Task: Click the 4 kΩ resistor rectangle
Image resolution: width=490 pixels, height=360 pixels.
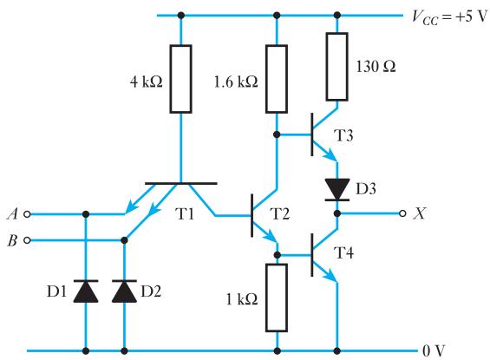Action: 180,79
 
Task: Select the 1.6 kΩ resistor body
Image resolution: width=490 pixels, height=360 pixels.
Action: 277,79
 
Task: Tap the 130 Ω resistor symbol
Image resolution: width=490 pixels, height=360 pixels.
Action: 336,67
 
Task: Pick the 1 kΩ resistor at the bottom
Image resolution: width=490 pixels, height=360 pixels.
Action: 277,298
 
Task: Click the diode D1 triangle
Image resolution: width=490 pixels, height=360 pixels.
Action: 86,291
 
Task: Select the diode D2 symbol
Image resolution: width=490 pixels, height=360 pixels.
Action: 124,291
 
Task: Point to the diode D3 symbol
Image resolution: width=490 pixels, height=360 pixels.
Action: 336,189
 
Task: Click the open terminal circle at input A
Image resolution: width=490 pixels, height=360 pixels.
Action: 27,214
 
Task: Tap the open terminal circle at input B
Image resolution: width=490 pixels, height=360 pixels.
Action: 27,240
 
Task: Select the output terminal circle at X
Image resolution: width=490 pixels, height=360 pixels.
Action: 402,213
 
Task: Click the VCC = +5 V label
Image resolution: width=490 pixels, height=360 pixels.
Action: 449,16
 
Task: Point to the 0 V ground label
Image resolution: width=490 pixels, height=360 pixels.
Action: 433,351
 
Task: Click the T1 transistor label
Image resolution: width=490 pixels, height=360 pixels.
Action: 185,214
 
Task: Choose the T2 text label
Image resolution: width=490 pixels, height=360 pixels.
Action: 279,214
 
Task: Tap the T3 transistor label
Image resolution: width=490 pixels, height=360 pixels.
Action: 343,135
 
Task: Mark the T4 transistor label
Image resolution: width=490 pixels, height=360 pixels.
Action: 343,252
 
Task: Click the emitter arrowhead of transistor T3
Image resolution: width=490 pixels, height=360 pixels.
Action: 331,155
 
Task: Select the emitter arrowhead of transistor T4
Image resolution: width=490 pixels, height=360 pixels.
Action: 331,276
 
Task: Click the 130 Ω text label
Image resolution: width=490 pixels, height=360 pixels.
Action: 376,67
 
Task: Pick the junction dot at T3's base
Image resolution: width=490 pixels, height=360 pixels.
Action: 277,134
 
